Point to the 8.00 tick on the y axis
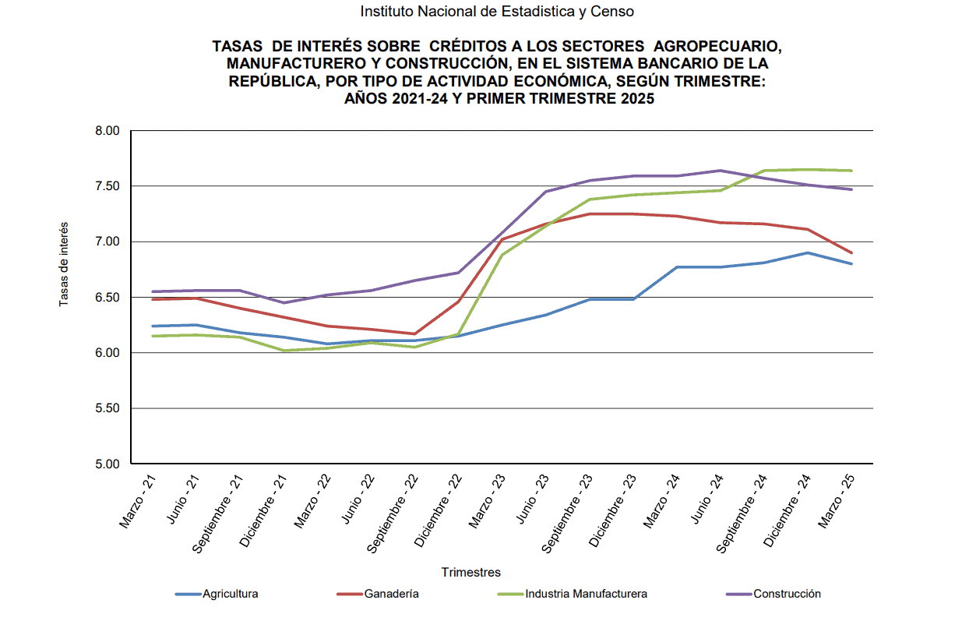[x=107, y=131]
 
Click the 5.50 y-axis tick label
[x=107, y=408]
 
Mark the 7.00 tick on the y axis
[x=107, y=242]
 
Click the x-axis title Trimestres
[x=470, y=573]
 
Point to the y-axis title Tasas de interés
[x=65, y=263]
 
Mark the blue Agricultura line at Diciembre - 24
[x=807, y=252]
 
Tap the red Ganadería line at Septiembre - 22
[x=414, y=333]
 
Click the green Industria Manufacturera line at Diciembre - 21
[x=284, y=351]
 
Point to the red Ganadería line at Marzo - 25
[x=851, y=252]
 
